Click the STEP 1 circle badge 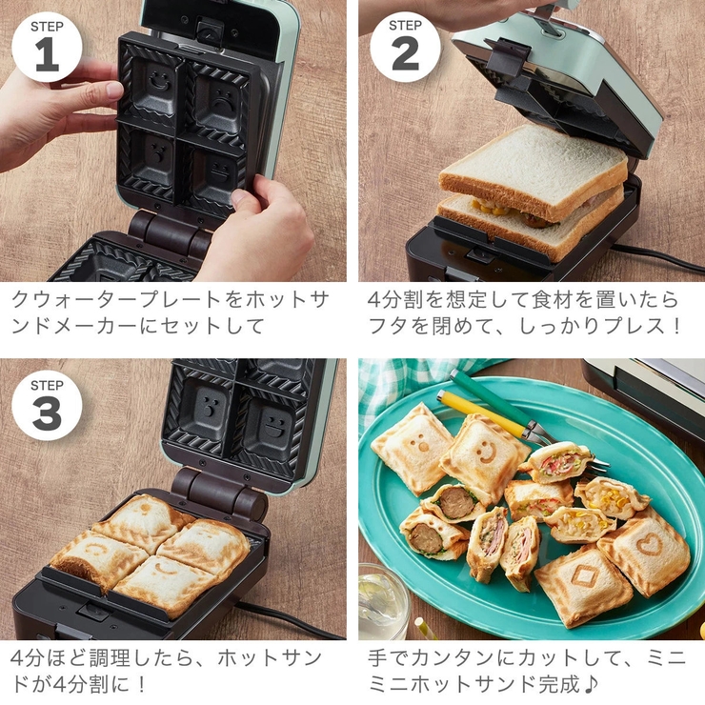click(x=47, y=45)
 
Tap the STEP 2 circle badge click(x=405, y=45)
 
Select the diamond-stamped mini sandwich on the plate click(x=582, y=581)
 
